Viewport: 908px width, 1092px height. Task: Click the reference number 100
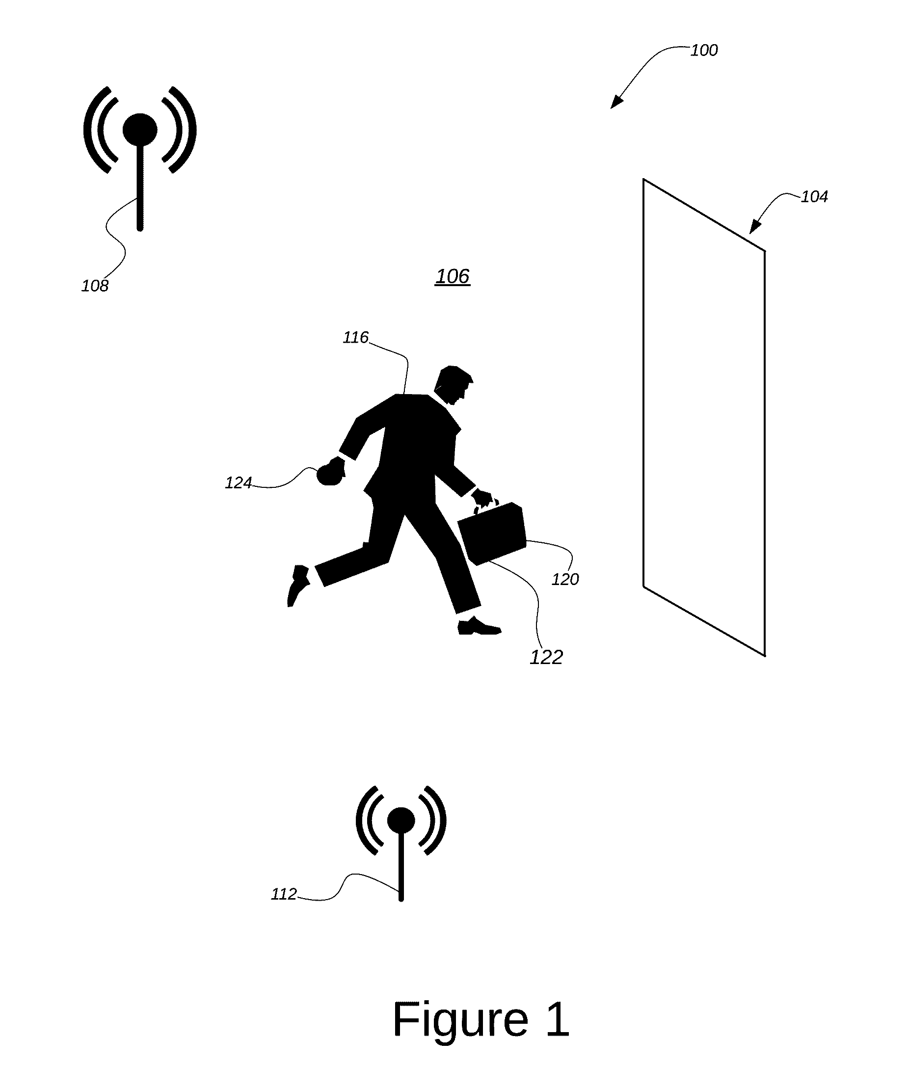point(704,51)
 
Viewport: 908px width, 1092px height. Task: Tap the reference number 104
point(814,196)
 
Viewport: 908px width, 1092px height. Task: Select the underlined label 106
point(453,276)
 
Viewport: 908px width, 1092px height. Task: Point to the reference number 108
point(95,286)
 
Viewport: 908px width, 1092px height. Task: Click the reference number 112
point(284,894)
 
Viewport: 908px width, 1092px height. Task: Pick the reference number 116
point(356,338)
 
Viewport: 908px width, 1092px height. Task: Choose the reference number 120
point(565,579)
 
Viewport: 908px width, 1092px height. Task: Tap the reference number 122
point(546,657)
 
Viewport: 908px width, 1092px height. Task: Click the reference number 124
point(238,483)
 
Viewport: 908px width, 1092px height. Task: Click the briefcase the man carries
point(491,533)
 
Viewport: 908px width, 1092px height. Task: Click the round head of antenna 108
point(140,130)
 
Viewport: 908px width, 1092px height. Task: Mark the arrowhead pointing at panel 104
point(754,227)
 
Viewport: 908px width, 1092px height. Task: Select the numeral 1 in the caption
point(557,1019)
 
